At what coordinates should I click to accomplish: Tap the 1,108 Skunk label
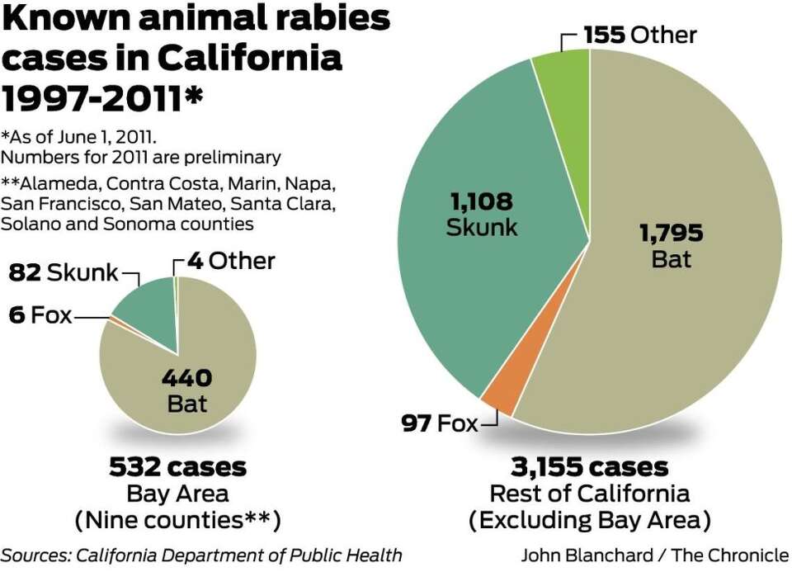pos(482,214)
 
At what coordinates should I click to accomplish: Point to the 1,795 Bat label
pos(671,245)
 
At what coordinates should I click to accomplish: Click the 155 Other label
pos(639,35)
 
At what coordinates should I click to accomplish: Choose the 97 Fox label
pos(440,424)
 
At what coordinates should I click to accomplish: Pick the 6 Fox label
pos(40,315)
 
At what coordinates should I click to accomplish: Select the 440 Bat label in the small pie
pos(186,390)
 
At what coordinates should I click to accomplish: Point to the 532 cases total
pos(177,467)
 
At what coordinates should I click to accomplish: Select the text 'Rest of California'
pos(589,494)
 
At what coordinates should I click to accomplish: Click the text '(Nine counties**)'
pos(177,521)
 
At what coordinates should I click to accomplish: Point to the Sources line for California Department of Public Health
pos(202,555)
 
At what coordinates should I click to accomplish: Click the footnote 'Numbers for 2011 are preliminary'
pos(141,157)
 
